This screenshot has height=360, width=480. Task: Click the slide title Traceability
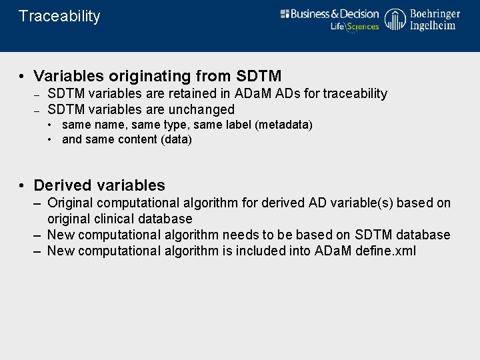[x=59, y=17]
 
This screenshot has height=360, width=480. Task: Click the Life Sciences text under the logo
[x=355, y=27]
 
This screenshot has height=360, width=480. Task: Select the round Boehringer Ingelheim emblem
[x=395, y=19]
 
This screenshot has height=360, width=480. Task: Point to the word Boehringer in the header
[x=435, y=13]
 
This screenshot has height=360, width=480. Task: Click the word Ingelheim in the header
[x=433, y=25]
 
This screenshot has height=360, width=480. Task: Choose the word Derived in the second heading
[x=63, y=185]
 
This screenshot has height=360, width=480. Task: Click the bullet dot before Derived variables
[x=22, y=185]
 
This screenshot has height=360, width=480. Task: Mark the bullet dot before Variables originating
[x=22, y=76]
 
